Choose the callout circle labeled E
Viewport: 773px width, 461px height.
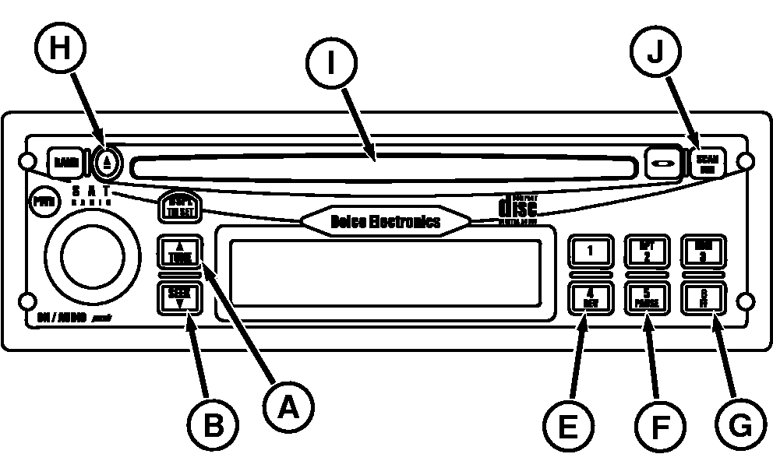pos(566,426)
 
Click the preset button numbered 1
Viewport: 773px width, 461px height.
pos(590,252)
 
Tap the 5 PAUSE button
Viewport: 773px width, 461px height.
pos(647,299)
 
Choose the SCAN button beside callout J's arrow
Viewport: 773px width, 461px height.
pos(708,163)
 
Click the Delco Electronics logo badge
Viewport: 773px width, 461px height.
pos(386,221)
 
